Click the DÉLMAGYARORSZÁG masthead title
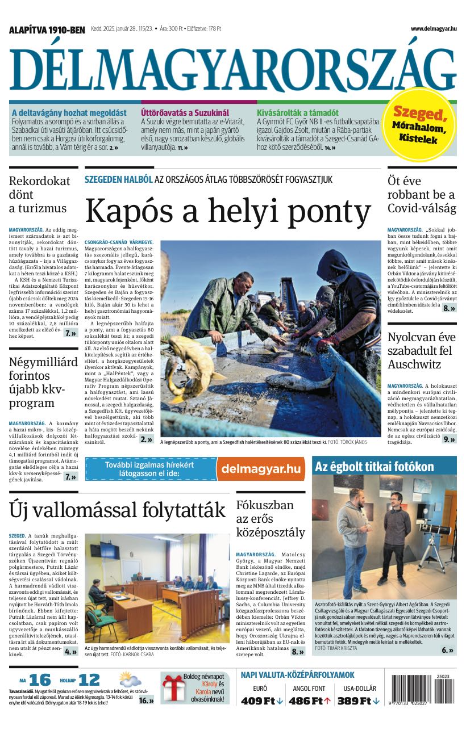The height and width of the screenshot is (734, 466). tap(232, 68)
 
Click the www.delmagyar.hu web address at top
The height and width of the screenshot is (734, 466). tap(433, 28)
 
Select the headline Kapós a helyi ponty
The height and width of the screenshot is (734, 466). tap(227, 211)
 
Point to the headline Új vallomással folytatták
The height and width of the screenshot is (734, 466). tap(117, 510)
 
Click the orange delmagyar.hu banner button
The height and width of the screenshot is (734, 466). tap(261, 468)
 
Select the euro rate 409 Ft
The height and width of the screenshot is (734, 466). tap(259, 701)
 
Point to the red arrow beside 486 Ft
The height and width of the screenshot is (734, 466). tap(327, 701)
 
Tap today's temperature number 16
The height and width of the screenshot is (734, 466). tap(40, 680)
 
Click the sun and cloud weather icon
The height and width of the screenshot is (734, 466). tap(130, 680)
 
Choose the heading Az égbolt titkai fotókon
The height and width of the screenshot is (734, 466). tap(375, 467)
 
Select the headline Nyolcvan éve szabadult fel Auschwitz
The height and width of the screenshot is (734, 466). tap(422, 350)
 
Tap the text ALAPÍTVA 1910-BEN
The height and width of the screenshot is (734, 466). tap(47, 30)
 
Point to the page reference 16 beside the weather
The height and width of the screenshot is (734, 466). tap(146, 701)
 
